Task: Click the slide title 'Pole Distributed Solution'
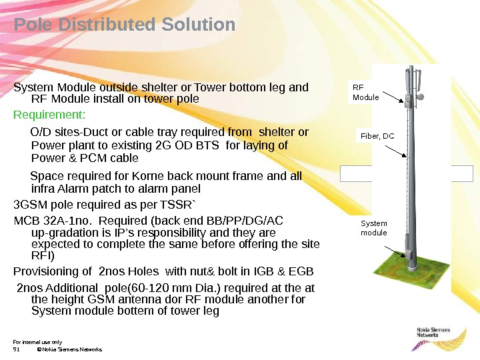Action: (x=125, y=25)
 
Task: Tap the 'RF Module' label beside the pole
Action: (x=365, y=92)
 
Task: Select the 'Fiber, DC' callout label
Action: (x=377, y=136)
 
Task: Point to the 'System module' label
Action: (x=373, y=228)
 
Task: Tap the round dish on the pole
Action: (x=421, y=97)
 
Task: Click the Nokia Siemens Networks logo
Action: (x=434, y=333)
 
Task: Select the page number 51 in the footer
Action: (x=17, y=349)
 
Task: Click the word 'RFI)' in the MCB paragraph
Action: (x=43, y=255)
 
